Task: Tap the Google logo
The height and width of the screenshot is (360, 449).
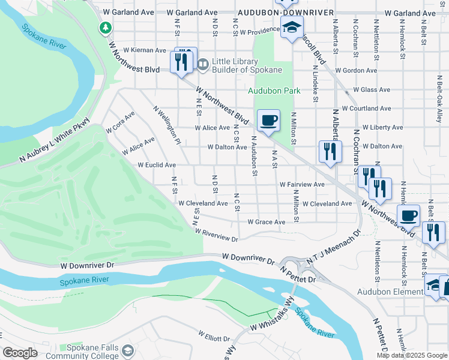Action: pos(20,353)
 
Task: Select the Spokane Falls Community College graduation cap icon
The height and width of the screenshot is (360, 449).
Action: pos(127,350)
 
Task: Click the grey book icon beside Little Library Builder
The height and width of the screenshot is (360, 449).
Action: pos(203,63)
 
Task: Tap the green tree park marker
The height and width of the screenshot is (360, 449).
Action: pos(106,28)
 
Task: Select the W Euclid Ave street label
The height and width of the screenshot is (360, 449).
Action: pos(157,165)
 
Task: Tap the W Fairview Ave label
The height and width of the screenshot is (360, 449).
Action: pos(302,184)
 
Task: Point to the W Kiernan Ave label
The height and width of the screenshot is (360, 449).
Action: pos(144,50)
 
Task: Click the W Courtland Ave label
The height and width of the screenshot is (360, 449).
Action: pos(366,109)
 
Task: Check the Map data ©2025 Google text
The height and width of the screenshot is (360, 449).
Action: pos(411,355)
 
